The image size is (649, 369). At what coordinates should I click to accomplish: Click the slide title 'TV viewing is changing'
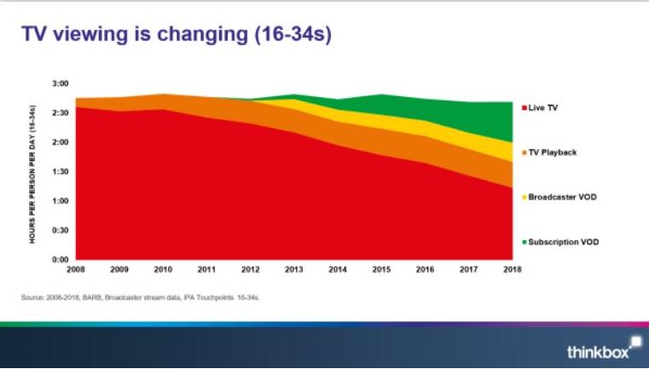click(145, 35)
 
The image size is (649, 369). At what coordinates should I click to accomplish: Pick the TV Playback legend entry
click(553, 152)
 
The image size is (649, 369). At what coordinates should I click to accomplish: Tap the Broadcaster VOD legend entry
click(562, 197)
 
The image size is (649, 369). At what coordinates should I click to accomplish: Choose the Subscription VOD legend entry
click(564, 242)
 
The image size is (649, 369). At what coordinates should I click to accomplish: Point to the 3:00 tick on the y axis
click(59, 84)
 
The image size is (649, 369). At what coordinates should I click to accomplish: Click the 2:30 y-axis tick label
click(59, 112)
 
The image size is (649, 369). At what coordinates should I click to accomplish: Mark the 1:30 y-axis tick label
click(59, 171)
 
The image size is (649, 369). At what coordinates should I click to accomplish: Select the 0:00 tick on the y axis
click(59, 259)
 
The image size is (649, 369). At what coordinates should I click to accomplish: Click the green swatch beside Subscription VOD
click(524, 242)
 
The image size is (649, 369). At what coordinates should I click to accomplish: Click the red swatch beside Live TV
click(524, 107)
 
